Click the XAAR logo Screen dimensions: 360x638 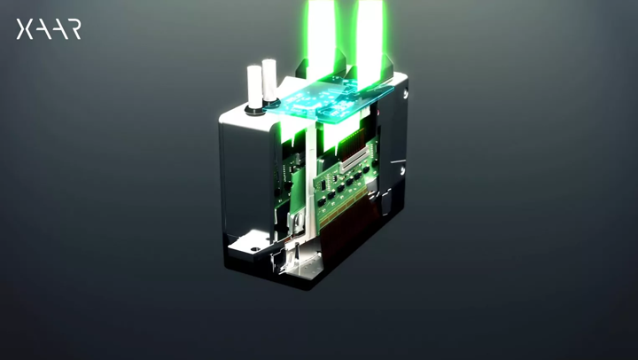pyautogui.click(x=49, y=29)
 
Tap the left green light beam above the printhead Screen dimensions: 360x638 pyautogui.click(x=315, y=31)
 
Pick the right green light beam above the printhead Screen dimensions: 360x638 pyautogui.click(x=369, y=31)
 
